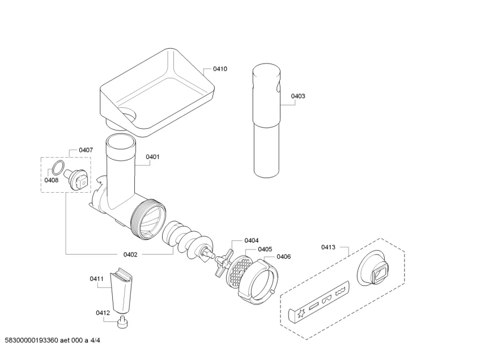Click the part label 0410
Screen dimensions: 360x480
[220, 69]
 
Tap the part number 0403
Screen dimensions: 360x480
[298, 96]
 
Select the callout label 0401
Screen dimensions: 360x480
[152, 157]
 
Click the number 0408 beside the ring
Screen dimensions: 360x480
[52, 180]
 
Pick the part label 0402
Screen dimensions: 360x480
[130, 255]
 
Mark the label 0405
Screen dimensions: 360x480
[264, 249]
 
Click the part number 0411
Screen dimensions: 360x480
[97, 278]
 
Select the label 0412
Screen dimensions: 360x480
[103, 312]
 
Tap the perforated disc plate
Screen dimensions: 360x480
[239, 270]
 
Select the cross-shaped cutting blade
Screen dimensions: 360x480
[222, 260]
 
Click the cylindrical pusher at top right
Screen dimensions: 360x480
[267, 119]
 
